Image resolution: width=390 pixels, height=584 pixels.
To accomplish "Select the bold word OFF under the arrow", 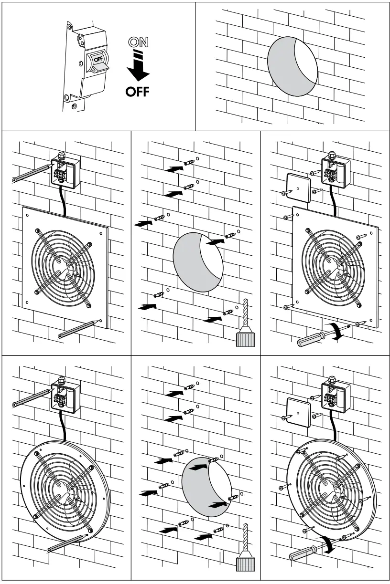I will (x=137, y=91).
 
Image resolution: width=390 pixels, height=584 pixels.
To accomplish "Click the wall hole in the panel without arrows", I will (x=292, y=66).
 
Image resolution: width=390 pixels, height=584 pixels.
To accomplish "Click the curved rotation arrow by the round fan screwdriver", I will (x=329, y=544).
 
